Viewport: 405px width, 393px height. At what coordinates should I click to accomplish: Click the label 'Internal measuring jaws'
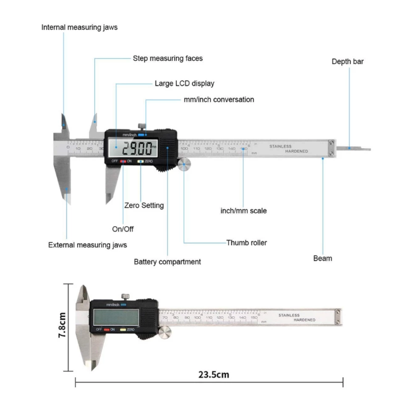coord(79,27)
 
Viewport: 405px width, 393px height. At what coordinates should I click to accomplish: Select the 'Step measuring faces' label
coord(168,58)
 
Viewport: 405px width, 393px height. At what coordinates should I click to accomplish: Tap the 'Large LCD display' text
coord(185,83)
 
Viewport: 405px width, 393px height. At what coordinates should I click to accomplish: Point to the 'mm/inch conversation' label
coord(219,100)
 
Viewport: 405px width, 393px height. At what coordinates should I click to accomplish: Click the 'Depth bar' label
coord(347,61)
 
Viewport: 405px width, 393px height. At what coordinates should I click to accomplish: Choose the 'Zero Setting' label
coord(144,205)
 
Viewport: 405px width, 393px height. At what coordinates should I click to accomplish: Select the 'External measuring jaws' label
coord(88,245)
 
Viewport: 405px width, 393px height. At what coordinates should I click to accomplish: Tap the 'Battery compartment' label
coord(167,261)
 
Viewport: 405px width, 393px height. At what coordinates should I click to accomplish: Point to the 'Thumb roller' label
coord(247,242)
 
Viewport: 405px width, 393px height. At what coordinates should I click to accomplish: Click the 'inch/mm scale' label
coord(243,210)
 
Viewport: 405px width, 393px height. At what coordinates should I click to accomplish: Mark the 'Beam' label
coord(322,258)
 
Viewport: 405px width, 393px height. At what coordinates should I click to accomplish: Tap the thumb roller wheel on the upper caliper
coord(185,165)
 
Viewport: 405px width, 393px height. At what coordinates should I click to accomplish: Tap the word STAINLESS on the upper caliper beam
coord(280,146)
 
